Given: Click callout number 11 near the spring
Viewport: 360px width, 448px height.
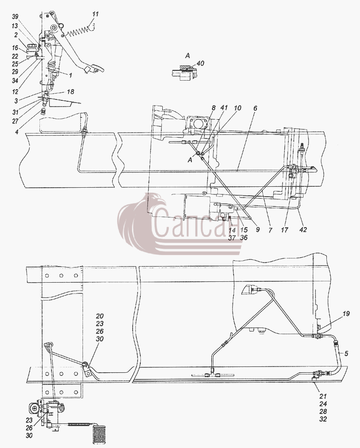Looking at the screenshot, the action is point(95,14).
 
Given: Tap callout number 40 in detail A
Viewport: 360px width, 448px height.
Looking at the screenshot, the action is point(200,63).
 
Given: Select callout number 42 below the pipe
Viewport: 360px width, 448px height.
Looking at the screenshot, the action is point(303,230).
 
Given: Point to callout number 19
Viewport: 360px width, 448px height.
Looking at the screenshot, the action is point(346,314).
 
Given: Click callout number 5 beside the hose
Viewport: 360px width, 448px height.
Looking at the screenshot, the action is point(346,354).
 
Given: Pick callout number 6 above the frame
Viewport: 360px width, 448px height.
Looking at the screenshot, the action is point(255,108).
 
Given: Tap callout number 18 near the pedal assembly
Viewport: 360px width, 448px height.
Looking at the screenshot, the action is point(70,91).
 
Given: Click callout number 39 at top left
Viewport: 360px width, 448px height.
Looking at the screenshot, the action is point(15,17).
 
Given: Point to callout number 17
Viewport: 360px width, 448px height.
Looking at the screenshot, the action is point(285,230).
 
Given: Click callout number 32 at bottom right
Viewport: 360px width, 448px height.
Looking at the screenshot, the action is point(323,419).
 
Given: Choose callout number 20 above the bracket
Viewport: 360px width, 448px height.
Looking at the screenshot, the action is point(100,316).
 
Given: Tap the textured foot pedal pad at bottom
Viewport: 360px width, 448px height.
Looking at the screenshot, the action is point(100,434).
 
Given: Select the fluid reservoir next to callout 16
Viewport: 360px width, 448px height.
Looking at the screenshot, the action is point(32,49).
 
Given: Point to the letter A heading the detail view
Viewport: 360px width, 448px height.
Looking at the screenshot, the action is point(187,55).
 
